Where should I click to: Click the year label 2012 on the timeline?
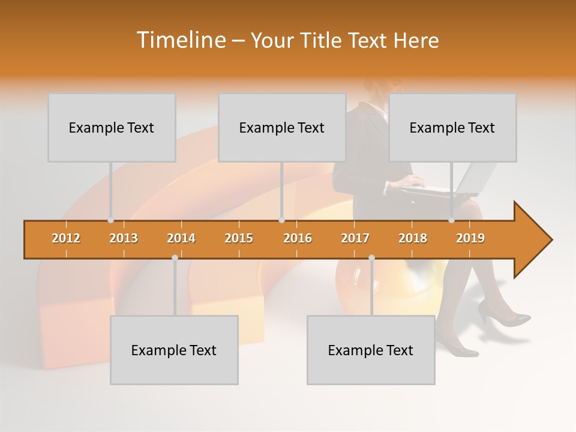(x=66, y=238)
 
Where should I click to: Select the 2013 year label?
(x=124, y=238)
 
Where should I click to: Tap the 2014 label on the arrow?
(x=181, y=238)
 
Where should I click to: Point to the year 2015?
(x=239, y=238)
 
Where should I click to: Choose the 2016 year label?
(x=298, y=238)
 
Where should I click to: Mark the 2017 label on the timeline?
(x=355, y=238)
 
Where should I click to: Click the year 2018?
(x=413, y=238)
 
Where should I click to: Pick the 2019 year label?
(x=470, y=238)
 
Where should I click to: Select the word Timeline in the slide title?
(x=180, y=40)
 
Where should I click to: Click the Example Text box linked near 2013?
(x=112, y=127)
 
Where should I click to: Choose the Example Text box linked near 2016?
(x=282, y=127)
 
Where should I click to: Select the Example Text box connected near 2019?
(x=452, y=127)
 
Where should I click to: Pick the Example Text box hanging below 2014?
(x=174, y=350)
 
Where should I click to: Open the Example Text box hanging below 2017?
(x=371, y=350)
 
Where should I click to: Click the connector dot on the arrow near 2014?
(x=175, y=257)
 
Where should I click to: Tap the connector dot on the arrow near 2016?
(x=281, y=220)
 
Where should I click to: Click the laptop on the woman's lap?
(x=462, y=183)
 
